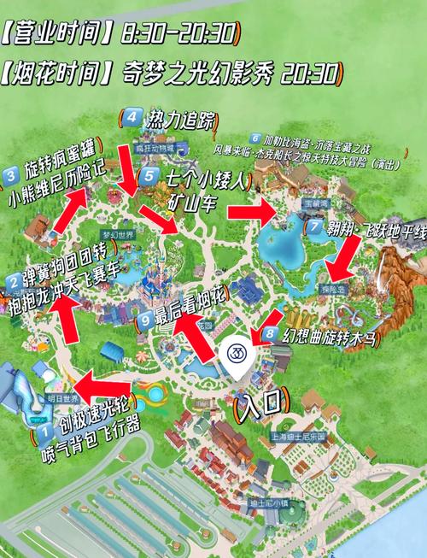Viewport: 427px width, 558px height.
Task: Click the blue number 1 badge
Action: point(43,434)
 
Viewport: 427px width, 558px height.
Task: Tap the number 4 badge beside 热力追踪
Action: point(132,117)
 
